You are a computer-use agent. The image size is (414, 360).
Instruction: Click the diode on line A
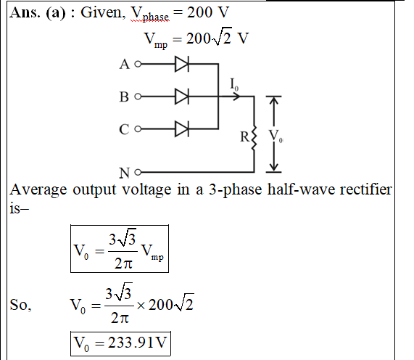click(x=182, y=64)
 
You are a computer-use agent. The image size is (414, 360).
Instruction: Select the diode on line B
click(x=182, y=97)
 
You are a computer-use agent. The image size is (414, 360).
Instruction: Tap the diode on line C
click(x=182, y=129)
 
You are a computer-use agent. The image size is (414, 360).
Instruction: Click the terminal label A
click(x=125, y=64)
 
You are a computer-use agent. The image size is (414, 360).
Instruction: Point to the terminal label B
click(x=124, y=97)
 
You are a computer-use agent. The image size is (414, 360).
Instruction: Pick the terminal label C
click(x=124, y=129)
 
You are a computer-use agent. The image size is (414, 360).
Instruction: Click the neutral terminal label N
click(x=125, y=173)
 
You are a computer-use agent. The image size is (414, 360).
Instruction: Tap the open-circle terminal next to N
click(x=138, y=172)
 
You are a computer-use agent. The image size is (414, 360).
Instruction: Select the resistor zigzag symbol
click(x=254, y=138)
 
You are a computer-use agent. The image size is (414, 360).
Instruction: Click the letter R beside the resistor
click(x=244, y=137)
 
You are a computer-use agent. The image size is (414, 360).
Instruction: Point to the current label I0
click(x=234, y=84)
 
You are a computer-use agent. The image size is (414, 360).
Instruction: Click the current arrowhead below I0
click(x=236, y=97)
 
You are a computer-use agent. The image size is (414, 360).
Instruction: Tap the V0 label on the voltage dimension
click(x=276, y=136)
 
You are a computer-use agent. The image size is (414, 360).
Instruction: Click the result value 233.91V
click(x=137, y=343)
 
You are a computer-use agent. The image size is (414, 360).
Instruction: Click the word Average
click(x=38, y=190)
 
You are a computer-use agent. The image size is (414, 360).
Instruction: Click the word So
click(x=20, y=305)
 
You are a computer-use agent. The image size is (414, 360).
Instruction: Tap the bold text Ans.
click(x=25, y=12)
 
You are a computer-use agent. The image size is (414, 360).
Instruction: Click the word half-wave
click(x=301, y=189)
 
